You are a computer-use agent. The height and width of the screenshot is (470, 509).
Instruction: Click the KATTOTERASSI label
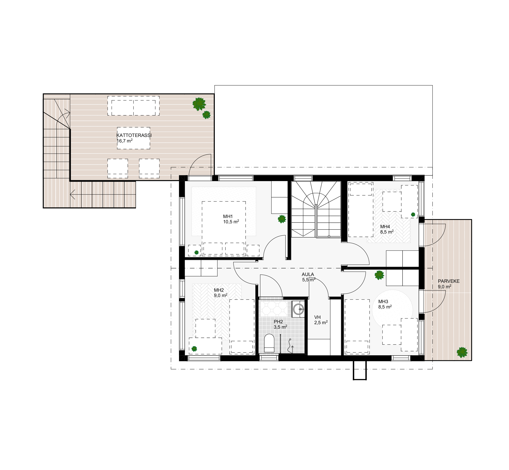(x=134, y=135)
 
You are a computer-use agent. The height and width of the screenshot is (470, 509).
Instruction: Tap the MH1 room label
(x=228, y=217)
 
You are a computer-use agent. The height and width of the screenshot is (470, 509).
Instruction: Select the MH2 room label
(x=219, y=290)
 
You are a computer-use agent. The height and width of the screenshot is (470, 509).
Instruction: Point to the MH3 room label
(x=383, y=302)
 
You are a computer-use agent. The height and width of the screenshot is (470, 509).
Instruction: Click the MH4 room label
(x=385, y=227)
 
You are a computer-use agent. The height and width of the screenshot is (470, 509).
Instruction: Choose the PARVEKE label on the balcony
(x=449, y=281)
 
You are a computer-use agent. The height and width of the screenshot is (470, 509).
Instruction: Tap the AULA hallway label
(x=308, y=274)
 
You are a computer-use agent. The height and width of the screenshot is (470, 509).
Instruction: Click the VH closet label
(x=317, y=317)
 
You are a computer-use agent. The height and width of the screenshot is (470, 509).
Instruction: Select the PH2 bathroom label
(x=278, y=322)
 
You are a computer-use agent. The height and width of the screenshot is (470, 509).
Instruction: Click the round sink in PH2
(x=298, y=310)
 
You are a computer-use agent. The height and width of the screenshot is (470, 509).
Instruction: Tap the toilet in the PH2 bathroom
(x=269, y=343)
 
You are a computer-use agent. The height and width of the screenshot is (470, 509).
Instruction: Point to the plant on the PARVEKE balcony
(x=462, y=352)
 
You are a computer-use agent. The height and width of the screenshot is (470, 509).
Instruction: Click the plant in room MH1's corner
(x=282, y=219)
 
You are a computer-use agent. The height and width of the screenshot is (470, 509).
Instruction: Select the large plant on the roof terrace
(x=199, y=104)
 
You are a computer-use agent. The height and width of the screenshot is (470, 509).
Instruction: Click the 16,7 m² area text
(x=124, y=141)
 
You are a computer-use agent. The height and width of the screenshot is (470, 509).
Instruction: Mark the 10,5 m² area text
(x=231, y=222)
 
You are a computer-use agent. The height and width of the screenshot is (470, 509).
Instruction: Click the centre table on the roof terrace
(x=133, y=138)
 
